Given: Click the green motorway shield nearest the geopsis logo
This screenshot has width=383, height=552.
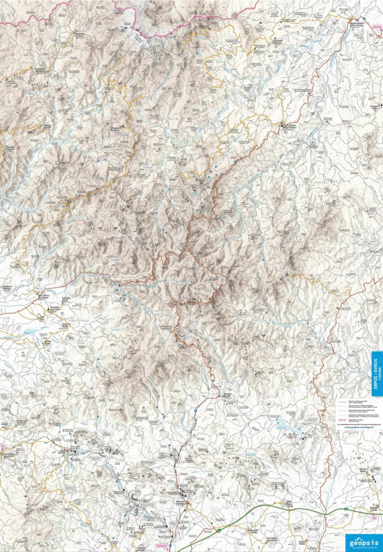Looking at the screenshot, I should pyautogui.click(x=345, y=509).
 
